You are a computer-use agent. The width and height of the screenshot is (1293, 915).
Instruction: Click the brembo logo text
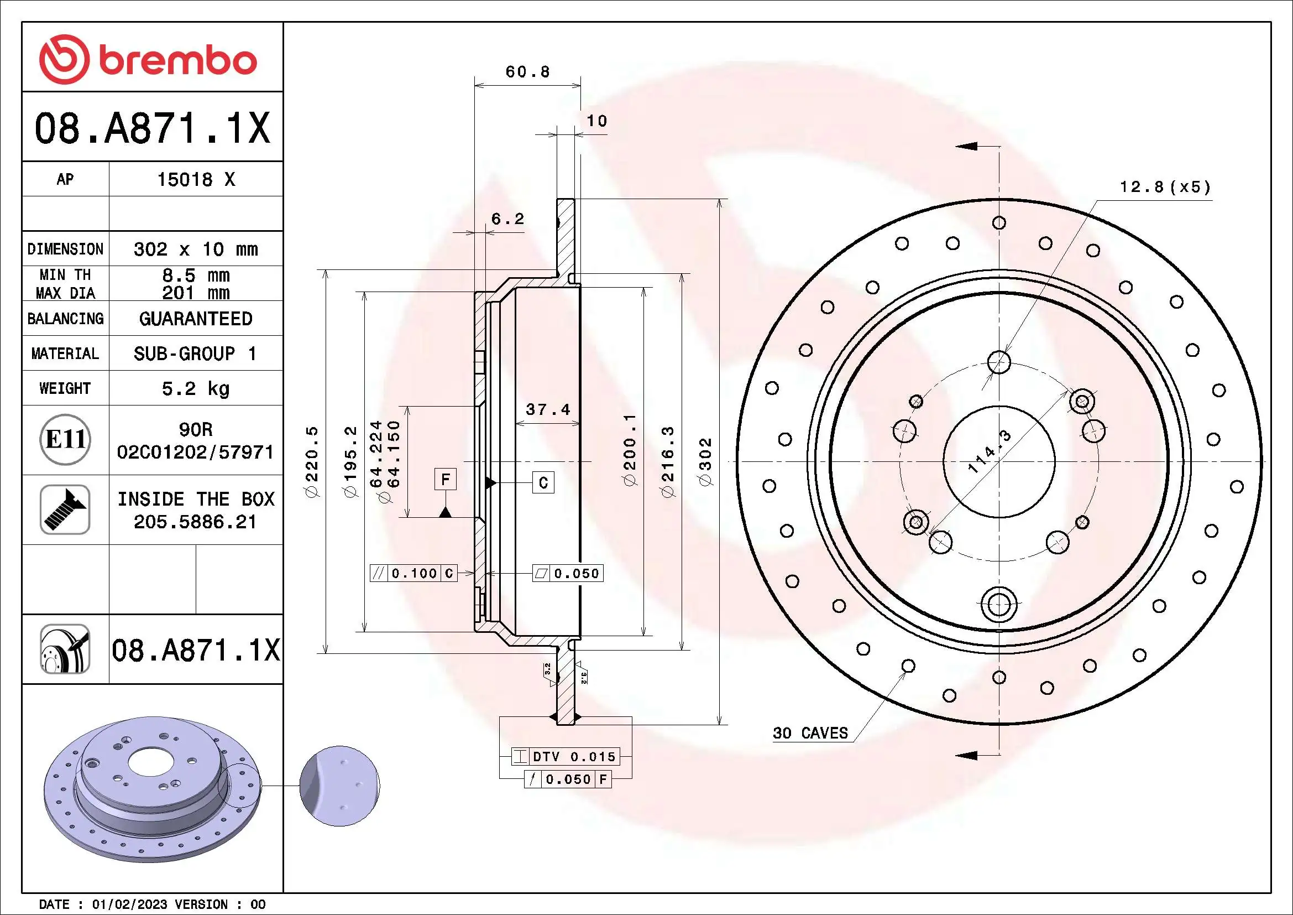(x=177, y=61)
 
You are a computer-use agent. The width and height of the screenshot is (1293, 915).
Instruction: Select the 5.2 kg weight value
(x=195, y=388)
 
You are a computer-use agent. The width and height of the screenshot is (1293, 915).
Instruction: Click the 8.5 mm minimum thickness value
(x=195, y=275)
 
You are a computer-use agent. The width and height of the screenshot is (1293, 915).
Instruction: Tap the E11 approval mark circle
(x=65, y=439)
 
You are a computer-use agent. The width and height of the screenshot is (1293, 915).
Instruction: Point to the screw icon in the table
(x=65, y=510)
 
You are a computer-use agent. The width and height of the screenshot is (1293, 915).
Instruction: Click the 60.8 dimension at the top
(x=527, y=72)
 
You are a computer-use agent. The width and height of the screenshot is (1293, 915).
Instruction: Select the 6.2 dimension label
(x=507, y=219)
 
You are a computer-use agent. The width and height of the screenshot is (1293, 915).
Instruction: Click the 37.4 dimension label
(x=547, y=409)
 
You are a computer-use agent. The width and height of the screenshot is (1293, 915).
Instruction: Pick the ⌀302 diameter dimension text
(x=705, y=461)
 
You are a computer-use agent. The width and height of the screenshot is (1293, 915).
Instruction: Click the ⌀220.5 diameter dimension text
(x=311, y=461)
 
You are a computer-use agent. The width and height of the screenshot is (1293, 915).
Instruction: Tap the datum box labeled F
(x=445, y=480)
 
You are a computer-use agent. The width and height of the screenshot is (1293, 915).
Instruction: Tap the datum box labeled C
(x=543, y=483)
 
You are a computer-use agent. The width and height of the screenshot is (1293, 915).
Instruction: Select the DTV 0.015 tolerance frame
(x=566, y=757)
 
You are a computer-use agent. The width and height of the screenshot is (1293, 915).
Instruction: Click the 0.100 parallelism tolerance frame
(x=413, y=574)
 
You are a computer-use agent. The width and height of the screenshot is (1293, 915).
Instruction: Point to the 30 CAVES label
(x=810, y=733)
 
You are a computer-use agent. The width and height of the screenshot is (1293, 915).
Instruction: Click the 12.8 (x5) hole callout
(x=1165, y=187)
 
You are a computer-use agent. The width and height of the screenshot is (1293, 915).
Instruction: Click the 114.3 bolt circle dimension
(x=989, y=451)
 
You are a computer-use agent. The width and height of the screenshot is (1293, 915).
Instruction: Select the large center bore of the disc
(x=998, y=461)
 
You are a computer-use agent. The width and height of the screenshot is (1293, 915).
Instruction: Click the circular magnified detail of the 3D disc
(x=339, y=786)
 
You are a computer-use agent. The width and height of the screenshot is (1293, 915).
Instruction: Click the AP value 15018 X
(x=195, y=180)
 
